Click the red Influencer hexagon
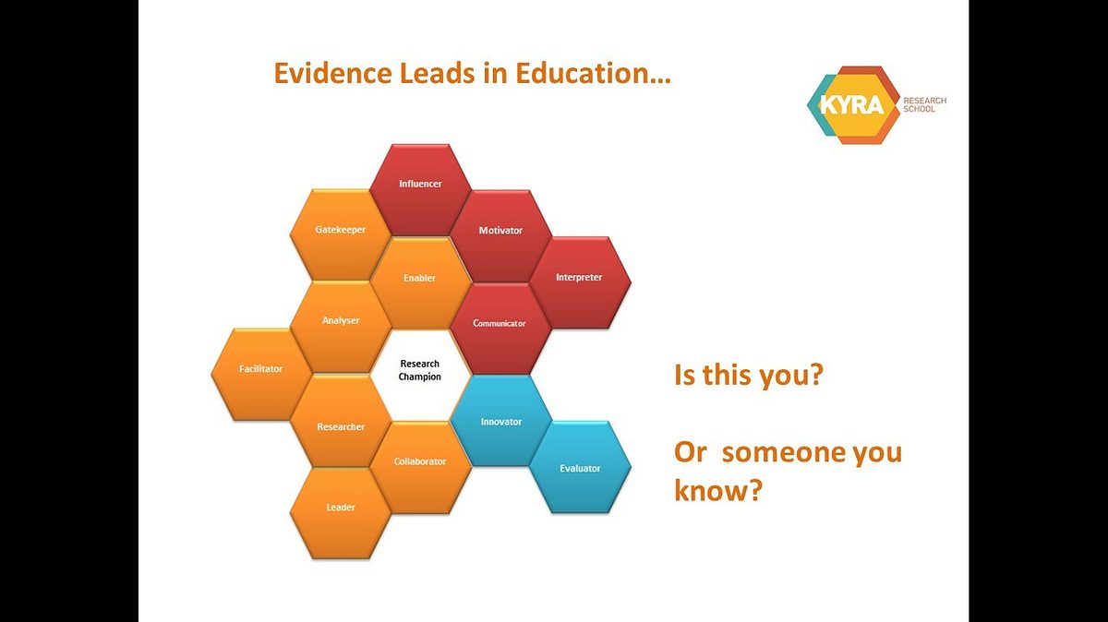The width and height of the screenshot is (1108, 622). pos(420,190)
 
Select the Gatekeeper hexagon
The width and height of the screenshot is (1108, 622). pos(341,235)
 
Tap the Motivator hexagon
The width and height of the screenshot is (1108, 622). pos(500,236)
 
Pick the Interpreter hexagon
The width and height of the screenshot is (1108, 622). pos(580,282)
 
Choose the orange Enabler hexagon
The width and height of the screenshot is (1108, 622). pos(420,282)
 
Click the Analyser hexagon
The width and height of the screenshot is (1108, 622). pos(341,327)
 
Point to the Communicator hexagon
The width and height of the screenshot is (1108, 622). pos(500,329)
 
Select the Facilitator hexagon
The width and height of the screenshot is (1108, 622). pos(261,375)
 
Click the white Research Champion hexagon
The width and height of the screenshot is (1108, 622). pos(420,376)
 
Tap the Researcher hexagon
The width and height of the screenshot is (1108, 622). pos(341,421)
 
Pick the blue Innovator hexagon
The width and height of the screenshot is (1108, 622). pos(500,421)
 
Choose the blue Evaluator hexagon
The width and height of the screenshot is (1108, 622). pos(580,467)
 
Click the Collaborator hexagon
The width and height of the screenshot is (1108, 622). pos(420,468)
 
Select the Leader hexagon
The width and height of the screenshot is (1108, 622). pos(341,514)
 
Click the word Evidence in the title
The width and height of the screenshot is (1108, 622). pos(333,73)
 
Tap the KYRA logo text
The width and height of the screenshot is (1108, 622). pos(851,105)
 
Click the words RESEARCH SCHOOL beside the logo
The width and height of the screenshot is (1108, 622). pos(924,105)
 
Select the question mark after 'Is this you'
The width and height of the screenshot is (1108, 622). pos(815,375)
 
